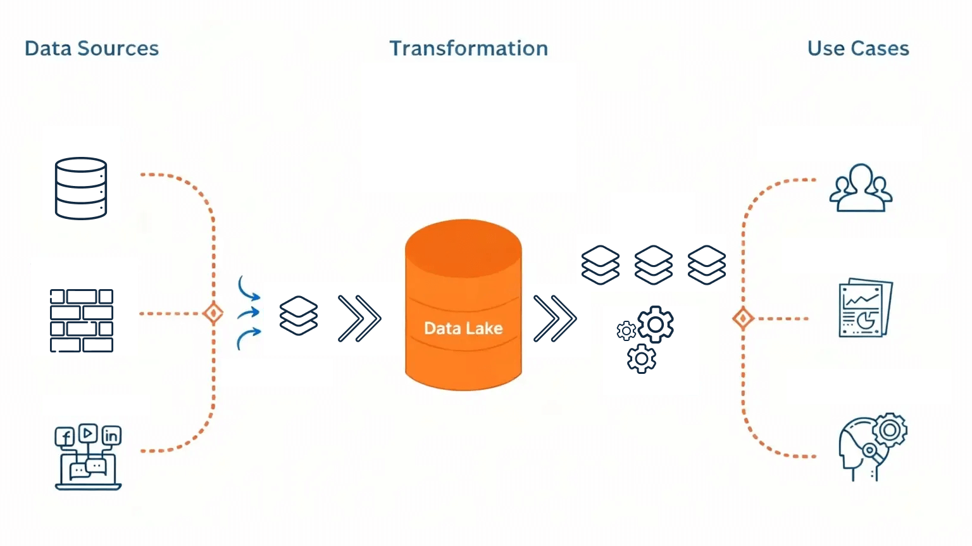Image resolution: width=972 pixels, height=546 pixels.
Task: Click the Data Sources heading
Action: (92, 49)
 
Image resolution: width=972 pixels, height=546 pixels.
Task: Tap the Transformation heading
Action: (468, 49)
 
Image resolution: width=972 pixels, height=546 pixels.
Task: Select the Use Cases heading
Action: (858, 49)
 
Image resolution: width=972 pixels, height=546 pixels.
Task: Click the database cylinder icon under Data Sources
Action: (81, 189)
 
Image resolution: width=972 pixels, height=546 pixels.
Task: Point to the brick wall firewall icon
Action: (82, 321)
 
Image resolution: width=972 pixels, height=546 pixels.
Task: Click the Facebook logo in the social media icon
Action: (65, 437)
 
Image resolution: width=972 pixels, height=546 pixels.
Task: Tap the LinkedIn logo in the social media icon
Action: (111, 435)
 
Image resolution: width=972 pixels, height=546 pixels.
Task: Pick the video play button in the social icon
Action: (88, 433)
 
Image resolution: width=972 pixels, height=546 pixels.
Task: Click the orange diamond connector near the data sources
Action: (213, 313)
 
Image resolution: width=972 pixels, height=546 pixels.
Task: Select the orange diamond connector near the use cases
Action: (743, 318)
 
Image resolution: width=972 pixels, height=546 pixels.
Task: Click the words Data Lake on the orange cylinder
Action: (463, 328)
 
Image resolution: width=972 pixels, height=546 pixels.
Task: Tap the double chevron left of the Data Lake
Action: (359, 318)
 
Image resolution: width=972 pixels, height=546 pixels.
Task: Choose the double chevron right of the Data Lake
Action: (555, 318)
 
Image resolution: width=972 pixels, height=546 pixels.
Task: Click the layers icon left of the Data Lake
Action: (299, 316)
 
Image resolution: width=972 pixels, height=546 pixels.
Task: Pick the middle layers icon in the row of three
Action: (654, 265)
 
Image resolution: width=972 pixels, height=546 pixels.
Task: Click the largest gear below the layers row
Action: (656, 325)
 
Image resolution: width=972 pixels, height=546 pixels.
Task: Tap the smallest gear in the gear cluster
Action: (626, 330)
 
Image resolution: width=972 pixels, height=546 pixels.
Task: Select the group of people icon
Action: (861, 188)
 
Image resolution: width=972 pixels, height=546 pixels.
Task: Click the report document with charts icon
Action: (864, 308)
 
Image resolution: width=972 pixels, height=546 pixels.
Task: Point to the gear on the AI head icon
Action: (890, 431)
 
